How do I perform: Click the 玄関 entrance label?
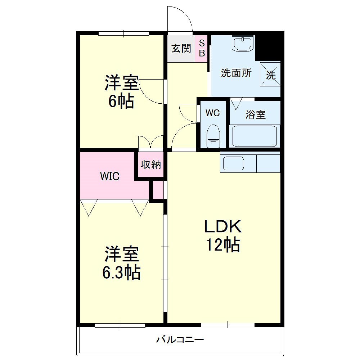pyautogui.click(x=181, y=49)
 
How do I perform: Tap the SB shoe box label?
pyautogui.click(x=202, y=48)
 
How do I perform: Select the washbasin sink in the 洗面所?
pyautogui.click(x=243, y=43)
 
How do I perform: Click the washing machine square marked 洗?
pyautogui.click(x=270, y=74)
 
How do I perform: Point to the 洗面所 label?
pyautogui.click(x=236, y=73)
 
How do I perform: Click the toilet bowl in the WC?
pyautogui.click(x=213, y=136)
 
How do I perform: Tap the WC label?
pyautogui.click(x=213, y=113)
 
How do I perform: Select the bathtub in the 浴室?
pyautogui.click(x=255, y=136)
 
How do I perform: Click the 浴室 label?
pyautogui.click(x=256, y=114)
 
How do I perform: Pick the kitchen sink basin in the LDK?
pyautogui.click(x=234, y=163)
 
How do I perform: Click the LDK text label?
pyautogui.click(x=223, y=226)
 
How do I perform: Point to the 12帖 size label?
pyautogui.click(x=223, y=245)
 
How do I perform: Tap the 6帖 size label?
pyautogui.click(x=121, y=101)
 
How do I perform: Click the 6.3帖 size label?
pyautogui.click(x=121, y=272)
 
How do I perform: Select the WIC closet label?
pyautogui.click(x=110, y=176)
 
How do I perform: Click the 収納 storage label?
pyautogui.click(x=151, y=165)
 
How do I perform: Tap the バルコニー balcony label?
pyautogui.click(x=180, y=339)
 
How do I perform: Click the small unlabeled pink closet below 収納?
pyautogui.click(x=158, y=190)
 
